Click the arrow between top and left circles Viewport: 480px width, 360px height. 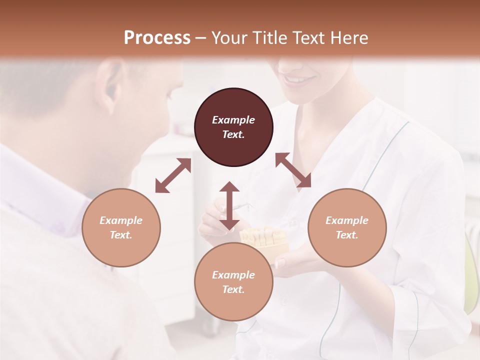pyautogui.click(x=173, y=175)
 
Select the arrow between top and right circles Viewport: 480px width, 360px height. pyautogui.click(x=293, y=170)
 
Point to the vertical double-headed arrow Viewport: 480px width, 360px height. pyautogui.click(x=229, y=205)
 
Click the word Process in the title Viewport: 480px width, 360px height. pyautogui.click(x=157, y=37)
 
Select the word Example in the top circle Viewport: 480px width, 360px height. pyautogui.click(x=233, y=120)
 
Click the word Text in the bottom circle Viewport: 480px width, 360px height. pyautogui.click(x=233, y=289)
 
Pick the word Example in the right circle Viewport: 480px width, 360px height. pyautogui.click(x=347, y=220)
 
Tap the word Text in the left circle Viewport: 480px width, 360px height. pyautogui.click(x=121, y=235)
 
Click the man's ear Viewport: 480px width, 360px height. pyautogui.click(x=111, y=85)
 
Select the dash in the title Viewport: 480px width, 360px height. pyautogui.click(x=200, y=38)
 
